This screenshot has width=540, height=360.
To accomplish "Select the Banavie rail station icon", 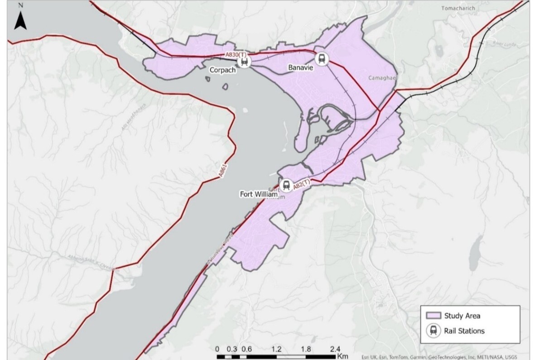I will (x=322, y=58).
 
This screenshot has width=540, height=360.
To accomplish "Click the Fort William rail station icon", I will (x=286, y=185).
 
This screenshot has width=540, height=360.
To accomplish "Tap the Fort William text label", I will (x=258, y=194).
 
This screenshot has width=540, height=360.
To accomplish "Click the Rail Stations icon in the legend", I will (x=434, y=331).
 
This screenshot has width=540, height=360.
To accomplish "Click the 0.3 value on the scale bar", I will (x=232, y=349).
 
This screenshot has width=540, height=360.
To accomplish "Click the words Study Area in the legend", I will (x=462, y=316).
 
